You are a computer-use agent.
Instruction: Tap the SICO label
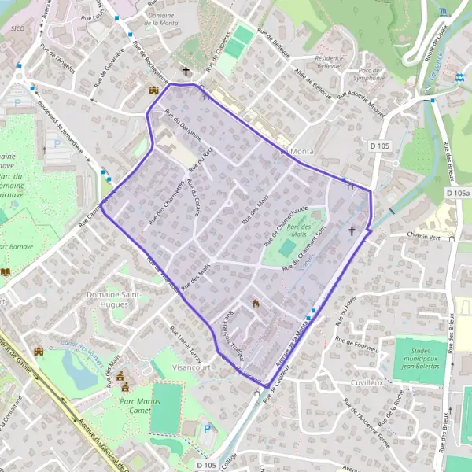point(17,28)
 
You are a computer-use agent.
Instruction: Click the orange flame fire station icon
point(255,303)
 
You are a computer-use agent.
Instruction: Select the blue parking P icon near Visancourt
point(207,429)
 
